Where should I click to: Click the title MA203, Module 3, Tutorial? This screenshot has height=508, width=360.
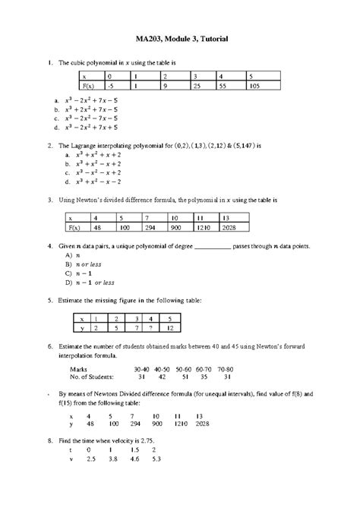179,38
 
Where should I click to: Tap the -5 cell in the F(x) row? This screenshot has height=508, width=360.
114,87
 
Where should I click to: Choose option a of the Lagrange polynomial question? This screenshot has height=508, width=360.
88,153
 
